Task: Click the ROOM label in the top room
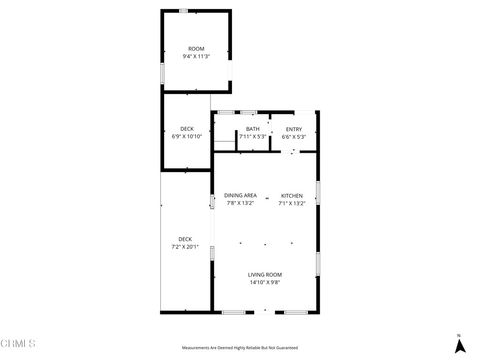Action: pyautogui.click(x=196, y=49)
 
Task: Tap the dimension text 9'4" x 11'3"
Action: pyautogui.click(x=196, y=57)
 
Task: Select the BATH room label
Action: pyautogui.click(x=253, y=129)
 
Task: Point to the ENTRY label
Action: pyautogui.click(x=294, y=129)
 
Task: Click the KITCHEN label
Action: pyautogui.click(x=292, y=195)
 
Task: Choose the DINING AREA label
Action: pyautogui.click(x=240, y=195)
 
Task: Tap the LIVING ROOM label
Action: pyautogui.click(x=266, y=274)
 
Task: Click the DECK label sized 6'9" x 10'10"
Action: pyautogui.click(x=187, y=129)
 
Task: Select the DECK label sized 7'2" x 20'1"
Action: pyautogui.click(x=185, y=238)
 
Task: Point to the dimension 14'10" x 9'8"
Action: pyautogui.click(x=266, y=282)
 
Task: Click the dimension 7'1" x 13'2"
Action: pyautogui.click(x=292, y=203)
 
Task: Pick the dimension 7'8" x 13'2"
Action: pyautogui.click(x=240, y=203)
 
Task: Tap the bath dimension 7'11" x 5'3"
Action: pyautogui.click(x=253, y=137)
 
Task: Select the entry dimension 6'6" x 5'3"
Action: pyautogui.click(x=294, y=137)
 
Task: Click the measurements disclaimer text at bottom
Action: pyautogui.click(x=240, y=347)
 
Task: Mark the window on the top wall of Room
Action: pyautogui.click(x=183, y=10)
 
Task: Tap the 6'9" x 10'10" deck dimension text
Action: pyautogui.click(x=187, y=137)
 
